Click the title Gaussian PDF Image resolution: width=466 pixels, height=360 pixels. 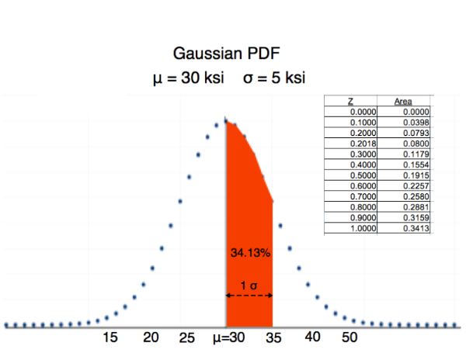(x=225, y=54)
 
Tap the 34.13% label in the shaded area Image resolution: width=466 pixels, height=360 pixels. (x=249, y=253)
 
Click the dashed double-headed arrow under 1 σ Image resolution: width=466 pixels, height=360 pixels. (x=249, y=295)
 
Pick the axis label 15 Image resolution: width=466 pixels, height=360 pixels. (x=111, y=337)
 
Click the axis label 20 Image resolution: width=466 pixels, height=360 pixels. (x=151, y=337)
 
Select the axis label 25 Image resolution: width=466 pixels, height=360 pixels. (x=187, y=338)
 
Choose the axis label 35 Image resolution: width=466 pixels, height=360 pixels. (x=274, y=338)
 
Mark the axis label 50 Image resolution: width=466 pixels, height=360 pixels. (x=349, y=337)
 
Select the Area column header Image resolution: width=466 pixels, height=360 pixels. (x=402, y=101)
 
